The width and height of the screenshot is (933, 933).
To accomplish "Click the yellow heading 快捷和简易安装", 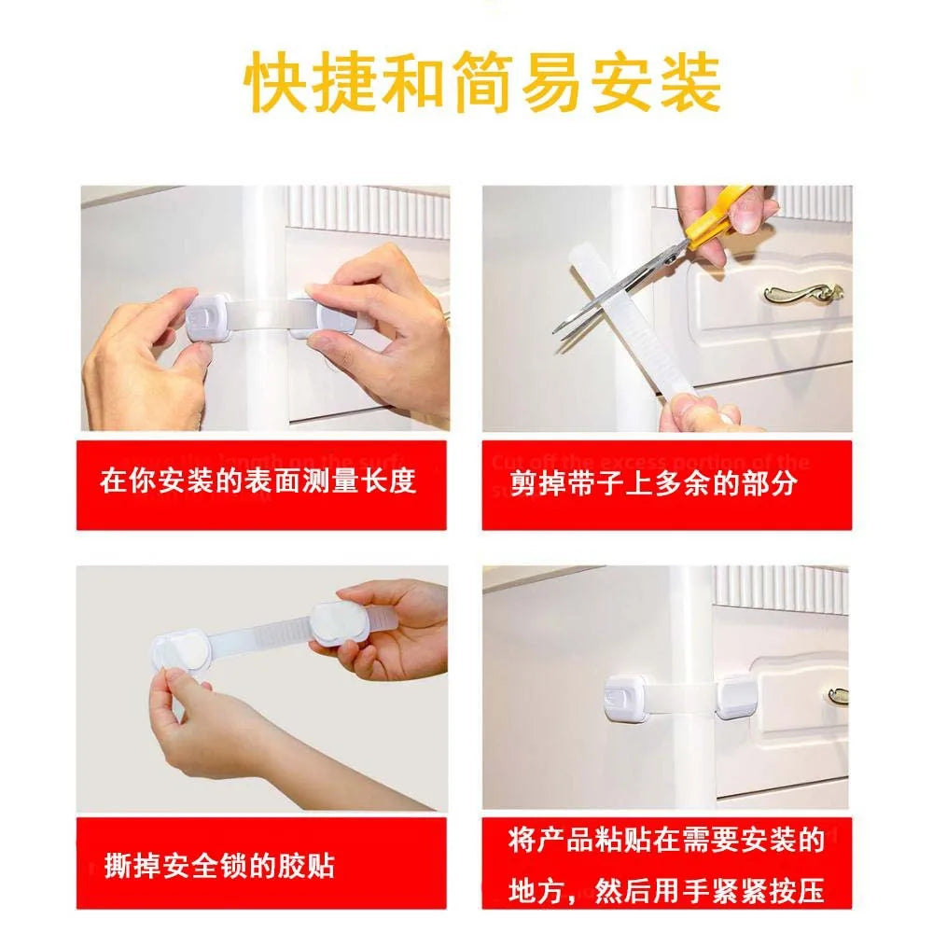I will coord(482,84).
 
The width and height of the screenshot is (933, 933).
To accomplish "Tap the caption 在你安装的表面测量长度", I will coord(258,482).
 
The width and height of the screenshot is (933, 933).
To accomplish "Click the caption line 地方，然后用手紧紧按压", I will coord(667,890).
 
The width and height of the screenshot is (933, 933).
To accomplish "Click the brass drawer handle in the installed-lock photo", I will coord(838,695).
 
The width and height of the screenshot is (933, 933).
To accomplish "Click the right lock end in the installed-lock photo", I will coord(735,699).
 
